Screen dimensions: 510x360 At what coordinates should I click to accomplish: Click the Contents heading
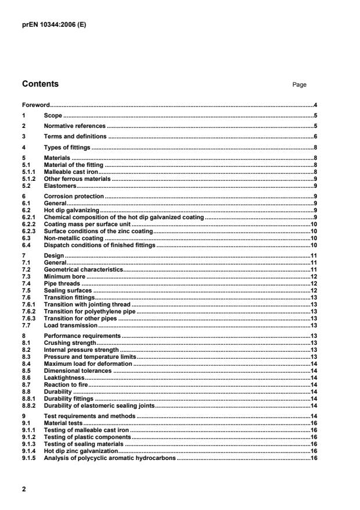40,84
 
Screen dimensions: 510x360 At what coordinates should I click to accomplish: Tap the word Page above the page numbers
299,85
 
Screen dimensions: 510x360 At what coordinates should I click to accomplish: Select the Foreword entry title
35,105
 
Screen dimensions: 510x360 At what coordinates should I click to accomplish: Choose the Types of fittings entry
67,147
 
